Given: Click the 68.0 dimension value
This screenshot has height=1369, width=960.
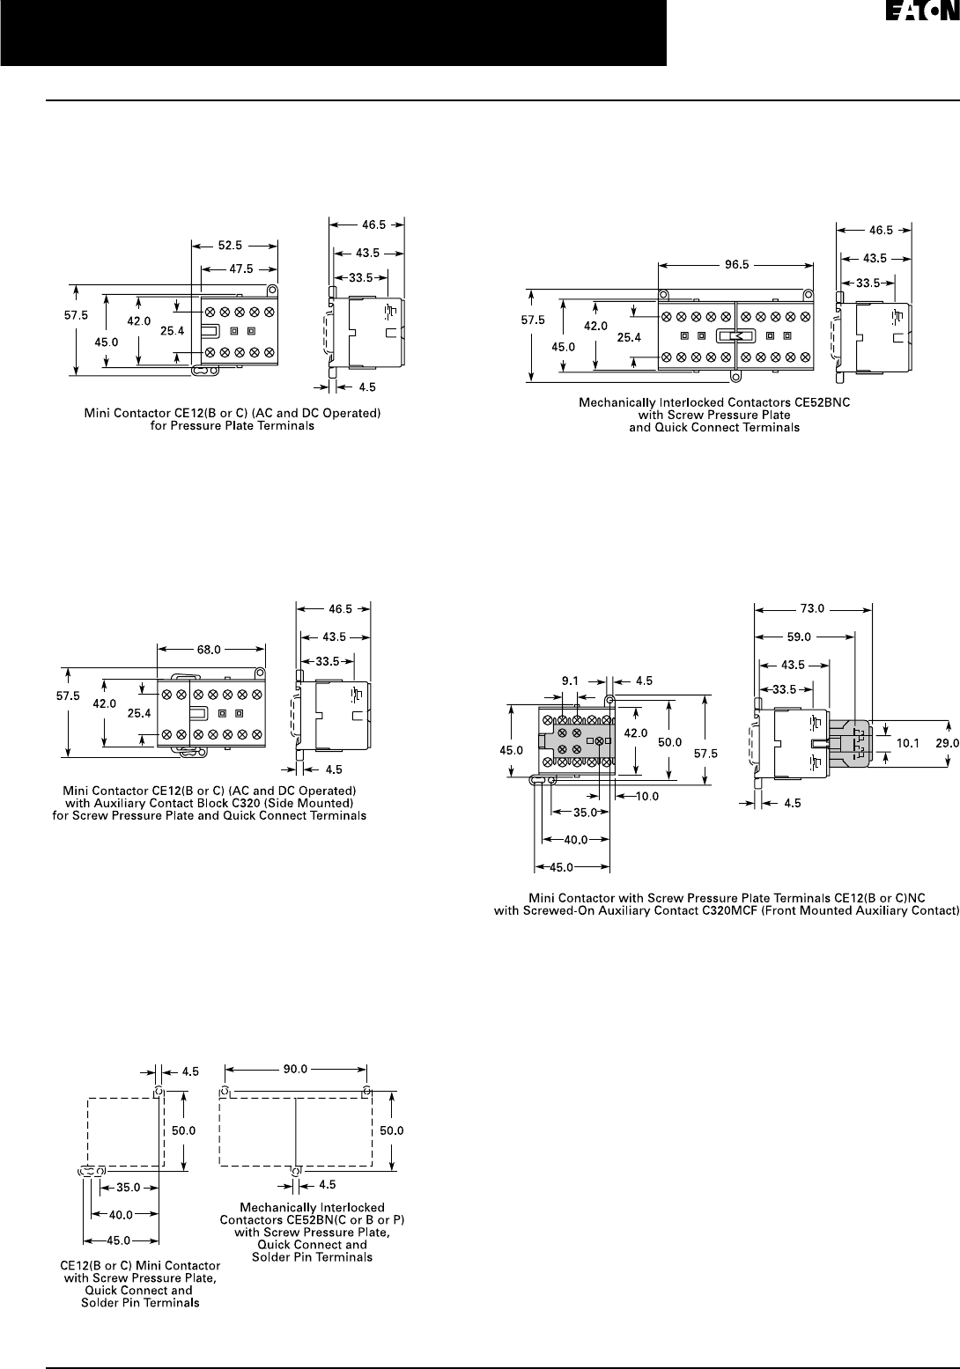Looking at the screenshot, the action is tap(210, 651).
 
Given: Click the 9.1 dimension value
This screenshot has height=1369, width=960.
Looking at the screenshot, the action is tap(570, 681).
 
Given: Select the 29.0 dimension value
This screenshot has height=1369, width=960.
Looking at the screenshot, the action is tap(946, 742).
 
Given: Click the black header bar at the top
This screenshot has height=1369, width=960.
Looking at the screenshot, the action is tap(333, 33).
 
